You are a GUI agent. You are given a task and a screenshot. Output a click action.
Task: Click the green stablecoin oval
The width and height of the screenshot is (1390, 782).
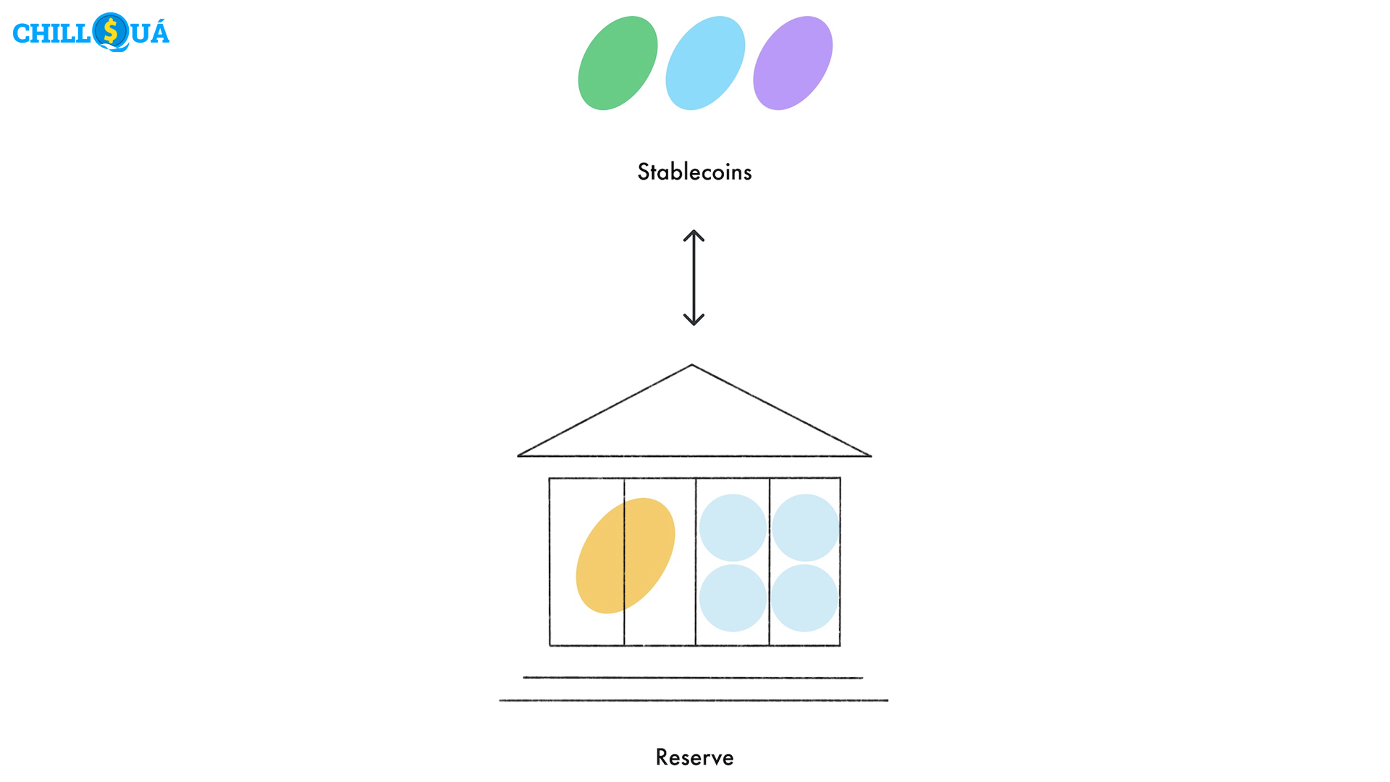618,63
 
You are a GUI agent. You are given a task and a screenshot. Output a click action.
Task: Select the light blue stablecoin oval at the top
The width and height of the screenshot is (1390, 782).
705,63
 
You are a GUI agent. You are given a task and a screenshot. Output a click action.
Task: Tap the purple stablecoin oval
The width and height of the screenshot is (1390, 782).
793,63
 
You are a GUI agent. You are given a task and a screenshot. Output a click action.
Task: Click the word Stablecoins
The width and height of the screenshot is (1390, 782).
694,172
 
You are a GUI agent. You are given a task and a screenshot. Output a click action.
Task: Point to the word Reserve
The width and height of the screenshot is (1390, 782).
694,757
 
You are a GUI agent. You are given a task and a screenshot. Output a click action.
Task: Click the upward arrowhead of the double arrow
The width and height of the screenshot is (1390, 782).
694,234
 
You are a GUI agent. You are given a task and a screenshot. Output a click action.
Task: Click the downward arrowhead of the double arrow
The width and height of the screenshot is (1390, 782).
694,321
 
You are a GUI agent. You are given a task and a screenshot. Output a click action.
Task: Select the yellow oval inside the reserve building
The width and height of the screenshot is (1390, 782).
625,555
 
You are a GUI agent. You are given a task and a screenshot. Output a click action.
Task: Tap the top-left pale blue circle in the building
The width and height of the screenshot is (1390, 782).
733,528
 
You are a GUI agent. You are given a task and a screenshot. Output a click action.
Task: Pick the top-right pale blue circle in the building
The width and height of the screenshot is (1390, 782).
805,528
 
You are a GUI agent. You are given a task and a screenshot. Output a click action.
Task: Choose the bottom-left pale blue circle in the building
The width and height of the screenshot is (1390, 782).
733,598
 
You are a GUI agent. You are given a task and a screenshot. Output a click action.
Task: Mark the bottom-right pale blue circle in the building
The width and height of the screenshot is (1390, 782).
804,598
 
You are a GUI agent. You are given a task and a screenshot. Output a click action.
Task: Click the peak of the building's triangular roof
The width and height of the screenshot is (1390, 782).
692,366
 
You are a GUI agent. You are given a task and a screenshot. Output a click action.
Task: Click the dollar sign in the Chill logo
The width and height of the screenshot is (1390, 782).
111,32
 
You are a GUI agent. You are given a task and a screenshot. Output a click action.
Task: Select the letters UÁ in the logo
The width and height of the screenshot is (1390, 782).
150,33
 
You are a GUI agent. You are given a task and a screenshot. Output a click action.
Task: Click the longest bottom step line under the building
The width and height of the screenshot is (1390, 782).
694,700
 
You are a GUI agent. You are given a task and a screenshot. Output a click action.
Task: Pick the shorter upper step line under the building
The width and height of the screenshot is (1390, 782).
693,678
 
